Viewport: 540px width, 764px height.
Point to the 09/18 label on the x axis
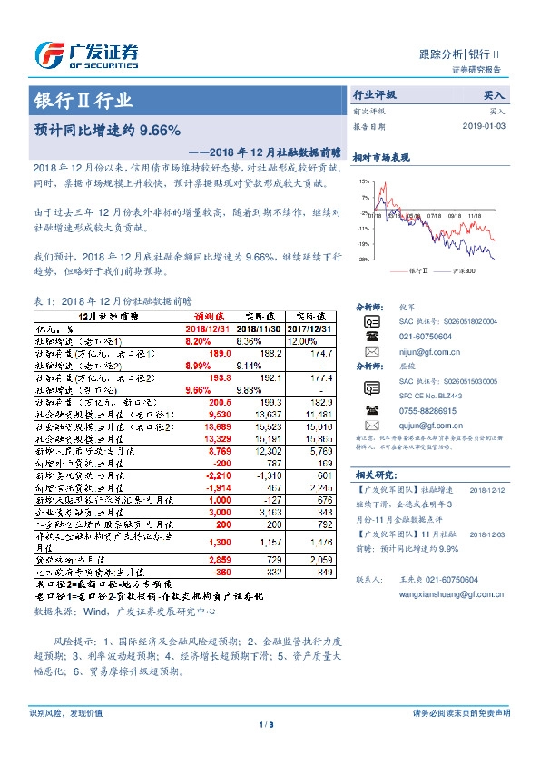(455, 216)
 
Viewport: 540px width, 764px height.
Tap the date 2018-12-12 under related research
(485, 488)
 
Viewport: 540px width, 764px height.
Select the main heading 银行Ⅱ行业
(83, 101)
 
